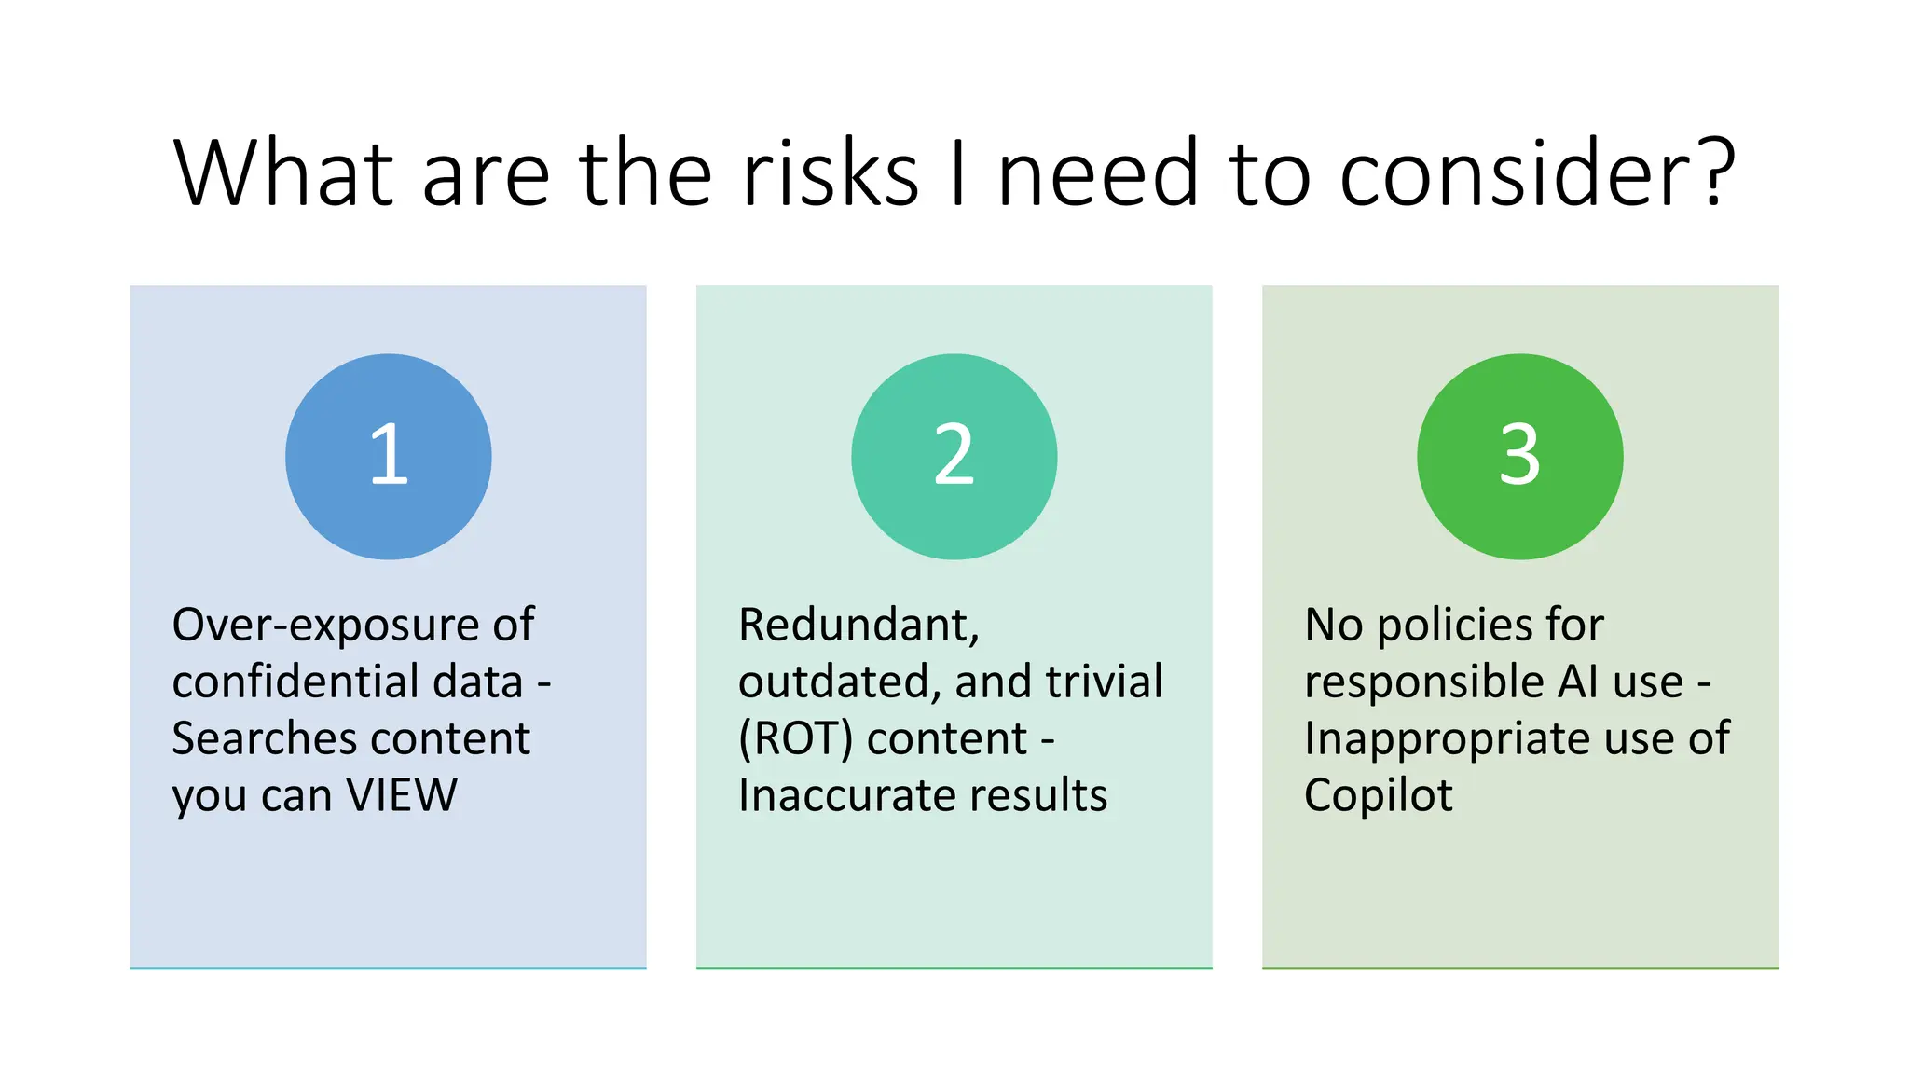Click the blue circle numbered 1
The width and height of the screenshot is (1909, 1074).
[x=388, y=456]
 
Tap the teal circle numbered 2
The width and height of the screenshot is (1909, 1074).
[x=954, y=456]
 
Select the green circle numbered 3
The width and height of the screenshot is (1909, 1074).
[x=1519, y=456]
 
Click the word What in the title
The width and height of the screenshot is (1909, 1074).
[x=285, y=173]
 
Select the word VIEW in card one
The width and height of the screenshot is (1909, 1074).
[x=402, y=795]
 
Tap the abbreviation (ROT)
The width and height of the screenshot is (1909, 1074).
[x=795, y=738]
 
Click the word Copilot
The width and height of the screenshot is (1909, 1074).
[x=1378, y=795]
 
